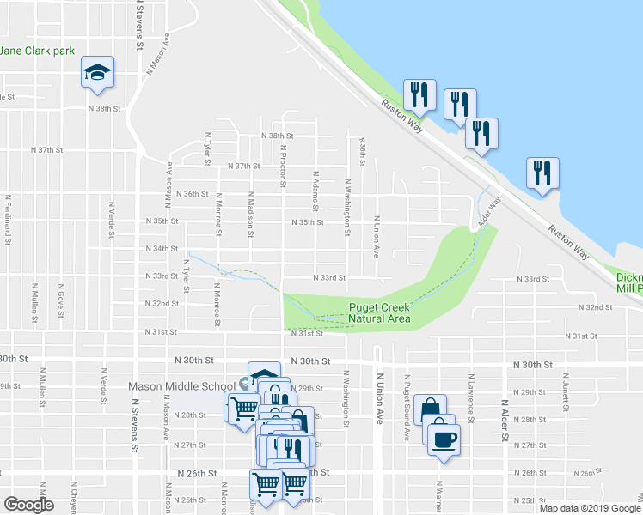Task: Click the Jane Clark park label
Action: (x=38, y=51)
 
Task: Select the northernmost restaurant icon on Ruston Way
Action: (x=419, y=94)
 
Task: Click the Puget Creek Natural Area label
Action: (x=379, y=314)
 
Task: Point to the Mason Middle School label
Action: (x=182, y=386)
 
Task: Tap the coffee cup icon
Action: (x=444, y=439)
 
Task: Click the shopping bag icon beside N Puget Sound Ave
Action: (x=430, y=409)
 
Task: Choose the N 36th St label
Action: (x=192, y=194)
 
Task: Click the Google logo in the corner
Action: (x=28, y=505)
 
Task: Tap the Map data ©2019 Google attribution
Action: (x=590, y=508)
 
